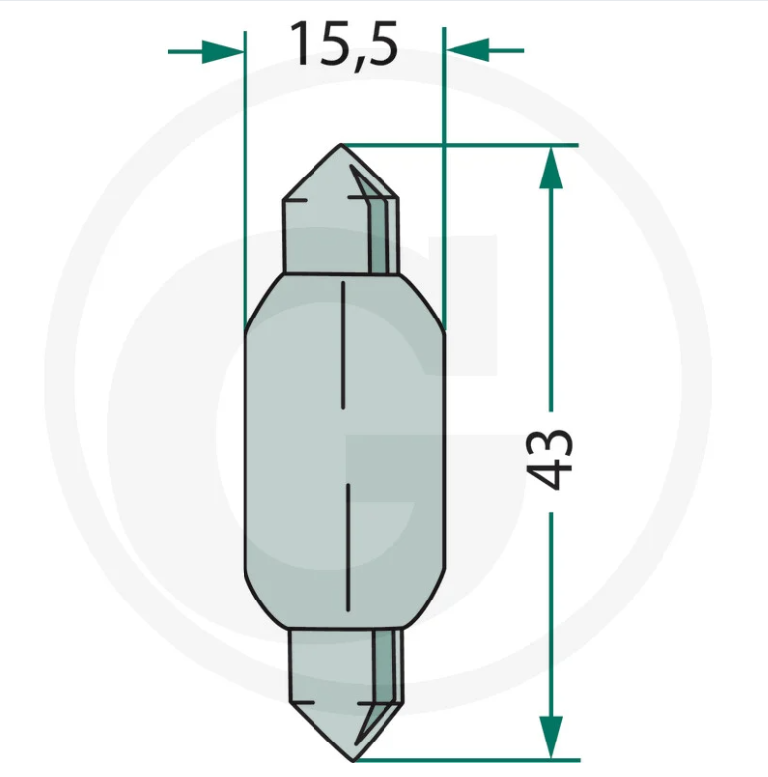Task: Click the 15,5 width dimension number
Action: coord(344,44)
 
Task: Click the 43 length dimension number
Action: coord(550,459)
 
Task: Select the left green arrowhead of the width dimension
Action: coord(223,51)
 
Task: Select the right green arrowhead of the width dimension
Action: coord(467,50)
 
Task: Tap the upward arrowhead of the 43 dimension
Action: coord(551,168)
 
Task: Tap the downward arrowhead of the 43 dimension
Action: coord(551,737)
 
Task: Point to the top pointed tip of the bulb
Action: coord(341,144)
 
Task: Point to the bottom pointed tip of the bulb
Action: coord(352,760)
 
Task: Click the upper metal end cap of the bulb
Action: coord(341,218)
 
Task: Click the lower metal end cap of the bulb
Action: coord(346,694)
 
